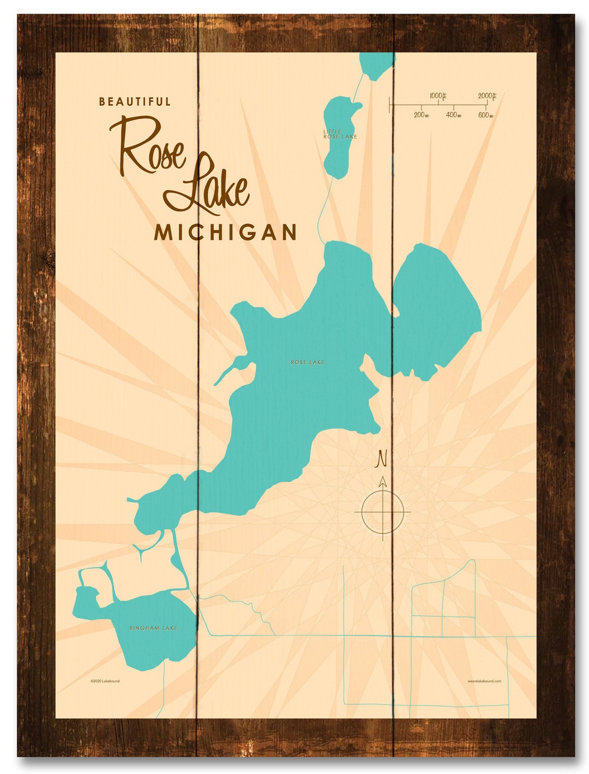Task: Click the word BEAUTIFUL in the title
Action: tap(135, 101)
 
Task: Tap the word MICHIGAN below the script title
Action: tap(225, 233)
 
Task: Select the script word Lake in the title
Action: tap(210, 185)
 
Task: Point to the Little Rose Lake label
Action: tap(339, 134)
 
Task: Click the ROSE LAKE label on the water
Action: tap(308, 362)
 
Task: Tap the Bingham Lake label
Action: tap(154, 628)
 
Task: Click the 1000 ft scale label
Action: tap(437, 96)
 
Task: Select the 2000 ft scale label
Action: tap(486, 96)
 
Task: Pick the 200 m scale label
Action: tap(421, 115)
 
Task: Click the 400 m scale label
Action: tap(453, 115)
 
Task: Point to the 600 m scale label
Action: tap(485, 115)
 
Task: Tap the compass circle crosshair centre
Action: tap(383, 512)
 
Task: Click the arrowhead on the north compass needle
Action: tap(383, 482)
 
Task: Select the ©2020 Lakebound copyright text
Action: tap(105, 681)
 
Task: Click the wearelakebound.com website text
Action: tap(484, 681)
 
